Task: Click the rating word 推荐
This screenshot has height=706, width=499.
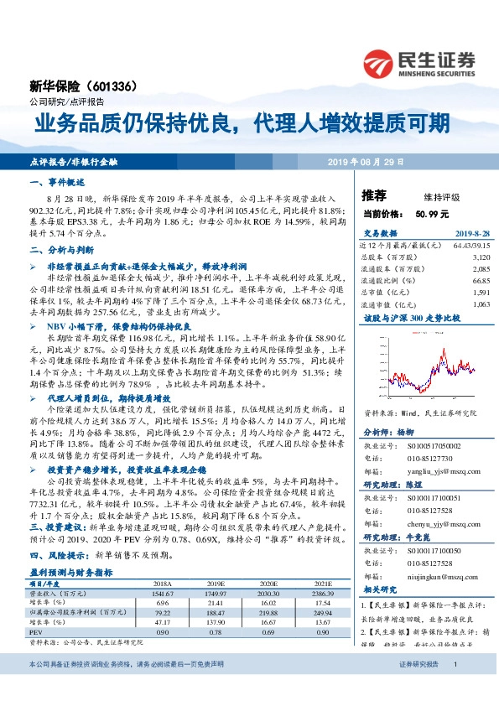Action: coord(374,196)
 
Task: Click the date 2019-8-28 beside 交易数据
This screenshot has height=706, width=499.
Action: coord(472,235)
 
